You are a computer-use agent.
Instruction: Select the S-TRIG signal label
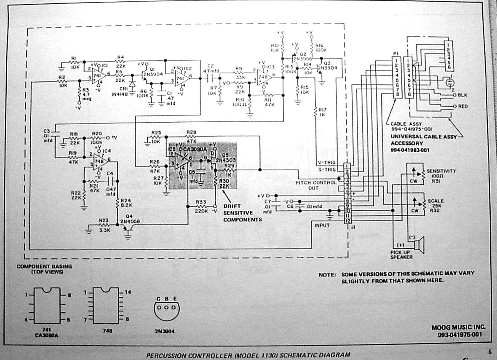pyautogui.click(x=326, y=169)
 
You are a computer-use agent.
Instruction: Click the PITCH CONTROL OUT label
pyautogui.click(x=315, y=185)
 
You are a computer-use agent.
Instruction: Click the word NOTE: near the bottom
pyautogui.click(x=327, y=274)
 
